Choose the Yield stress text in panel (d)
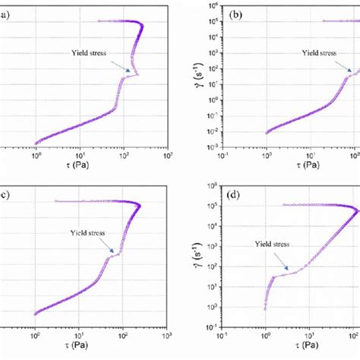tap(264, 245)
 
